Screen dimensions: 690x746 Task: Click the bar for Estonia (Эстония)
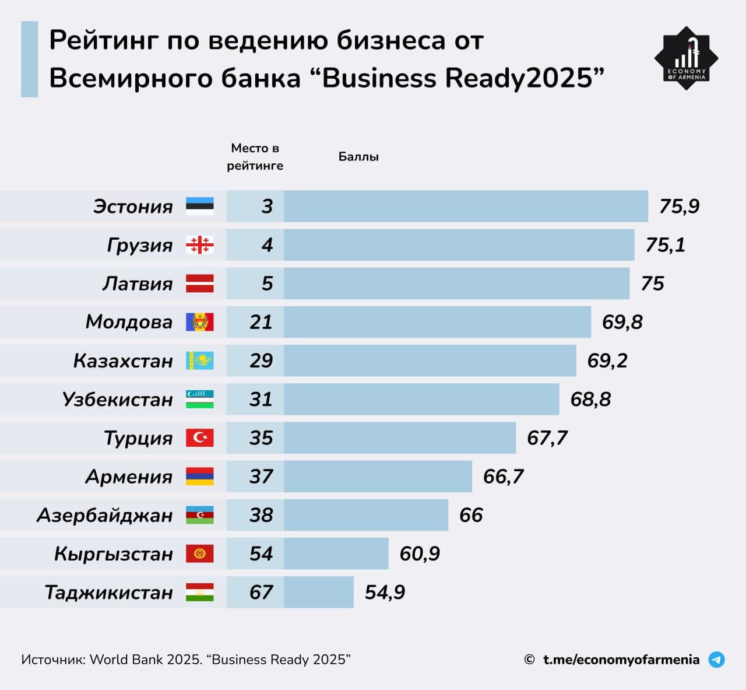coord(466,206)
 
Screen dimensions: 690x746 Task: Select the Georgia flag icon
coord(200,245)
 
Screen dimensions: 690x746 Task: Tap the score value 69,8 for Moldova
coord(622,322)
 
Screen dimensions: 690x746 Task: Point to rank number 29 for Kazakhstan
coord(261,360)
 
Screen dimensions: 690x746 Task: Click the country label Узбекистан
coord(118,400)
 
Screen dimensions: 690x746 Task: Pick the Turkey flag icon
coord(200,437)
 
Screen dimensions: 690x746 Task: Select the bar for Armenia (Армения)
coord(378,477)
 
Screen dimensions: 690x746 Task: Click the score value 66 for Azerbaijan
coord(471,515)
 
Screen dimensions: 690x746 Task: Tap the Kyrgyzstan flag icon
coord(200,554)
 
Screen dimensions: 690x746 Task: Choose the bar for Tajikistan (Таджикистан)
coord(318,592)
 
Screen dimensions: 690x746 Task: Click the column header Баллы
coord(358,157)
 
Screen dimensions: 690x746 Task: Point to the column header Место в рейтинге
coord(255,157)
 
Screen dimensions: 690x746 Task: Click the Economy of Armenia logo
coord(686,58)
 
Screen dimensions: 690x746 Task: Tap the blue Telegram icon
coord(716,660)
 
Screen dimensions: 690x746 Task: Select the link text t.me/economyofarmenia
coord(621,660)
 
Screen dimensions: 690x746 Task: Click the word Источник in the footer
coord(53,660)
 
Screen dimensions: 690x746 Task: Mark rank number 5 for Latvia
coord(267,283)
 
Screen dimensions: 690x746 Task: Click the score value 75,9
coord(679,206)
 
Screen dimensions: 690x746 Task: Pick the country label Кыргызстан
coord(114,554)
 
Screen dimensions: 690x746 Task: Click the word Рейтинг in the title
coord(103,41)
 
